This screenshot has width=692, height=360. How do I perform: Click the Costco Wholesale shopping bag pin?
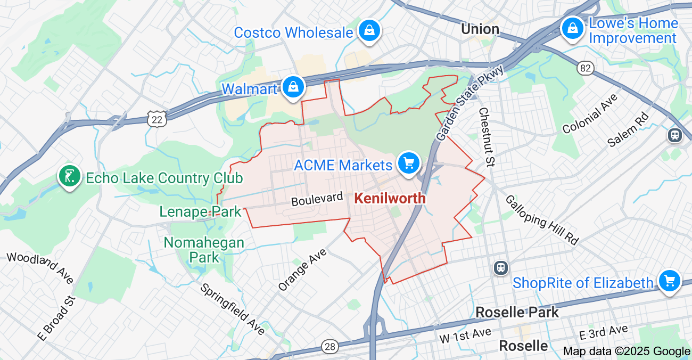368,31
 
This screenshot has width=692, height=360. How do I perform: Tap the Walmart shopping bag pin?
292,87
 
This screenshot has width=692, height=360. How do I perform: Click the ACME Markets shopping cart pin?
408,162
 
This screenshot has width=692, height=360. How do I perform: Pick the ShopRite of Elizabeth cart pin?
669,280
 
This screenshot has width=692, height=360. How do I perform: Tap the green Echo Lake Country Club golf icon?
70,176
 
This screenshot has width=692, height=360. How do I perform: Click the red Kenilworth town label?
390,198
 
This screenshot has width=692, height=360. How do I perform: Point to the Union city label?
480,29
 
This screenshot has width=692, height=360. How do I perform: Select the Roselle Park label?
517,312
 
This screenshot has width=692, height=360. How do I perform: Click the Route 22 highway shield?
157,119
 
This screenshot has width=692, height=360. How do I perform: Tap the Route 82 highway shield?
585,68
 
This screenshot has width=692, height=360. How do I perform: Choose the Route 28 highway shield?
330,347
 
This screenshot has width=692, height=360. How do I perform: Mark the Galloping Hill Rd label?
541,220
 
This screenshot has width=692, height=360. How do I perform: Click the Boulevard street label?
317,199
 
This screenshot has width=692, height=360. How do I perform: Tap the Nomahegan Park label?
204,250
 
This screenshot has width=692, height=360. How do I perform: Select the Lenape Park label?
200,211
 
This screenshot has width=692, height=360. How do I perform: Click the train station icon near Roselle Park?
500,267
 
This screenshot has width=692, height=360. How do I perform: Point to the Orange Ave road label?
302,270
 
